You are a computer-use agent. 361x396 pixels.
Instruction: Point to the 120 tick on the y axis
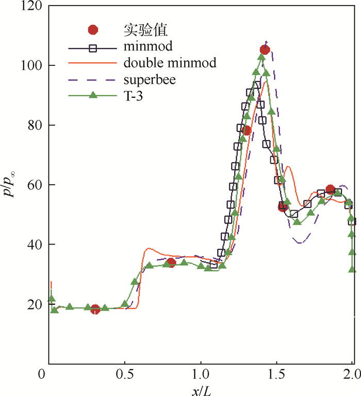pos(34,7)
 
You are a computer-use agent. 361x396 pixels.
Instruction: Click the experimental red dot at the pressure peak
pos(265,49)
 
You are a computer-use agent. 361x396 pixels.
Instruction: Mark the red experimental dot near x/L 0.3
pos(95,309)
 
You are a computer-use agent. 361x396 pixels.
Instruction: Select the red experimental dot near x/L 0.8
pos(172,263)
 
